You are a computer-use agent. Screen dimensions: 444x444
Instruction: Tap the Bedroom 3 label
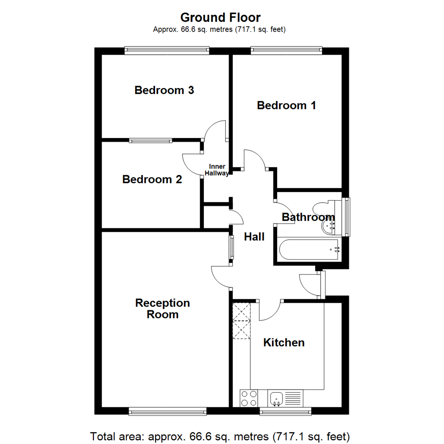click(x=164, y=90)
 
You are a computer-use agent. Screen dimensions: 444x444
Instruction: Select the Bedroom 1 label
click(x=286, y=106)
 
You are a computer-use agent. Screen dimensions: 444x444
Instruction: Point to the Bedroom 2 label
click(x=152, y=179)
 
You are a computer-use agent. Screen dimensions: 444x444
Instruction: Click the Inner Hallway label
click(x=218, y=170)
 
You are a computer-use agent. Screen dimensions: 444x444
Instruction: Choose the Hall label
click(x=254, y=237)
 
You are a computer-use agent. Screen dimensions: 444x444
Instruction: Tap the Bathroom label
click(x=308, y=217)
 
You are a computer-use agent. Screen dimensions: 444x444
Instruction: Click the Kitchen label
click(x=284, y=342)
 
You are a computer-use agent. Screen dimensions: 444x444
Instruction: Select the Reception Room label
click(x=162, y=309)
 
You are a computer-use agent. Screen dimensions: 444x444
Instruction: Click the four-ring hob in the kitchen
click(x=249, y=398)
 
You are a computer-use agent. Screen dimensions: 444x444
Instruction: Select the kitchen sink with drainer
click(x=285, y=398)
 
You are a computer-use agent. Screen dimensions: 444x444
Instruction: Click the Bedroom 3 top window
click(x=167, y=50)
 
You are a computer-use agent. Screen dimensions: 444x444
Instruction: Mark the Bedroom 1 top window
click(x=286, y=50)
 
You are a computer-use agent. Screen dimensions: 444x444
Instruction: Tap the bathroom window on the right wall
click(x=347, y=217)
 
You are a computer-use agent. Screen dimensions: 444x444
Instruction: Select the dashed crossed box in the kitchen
click(x=241, y=321)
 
